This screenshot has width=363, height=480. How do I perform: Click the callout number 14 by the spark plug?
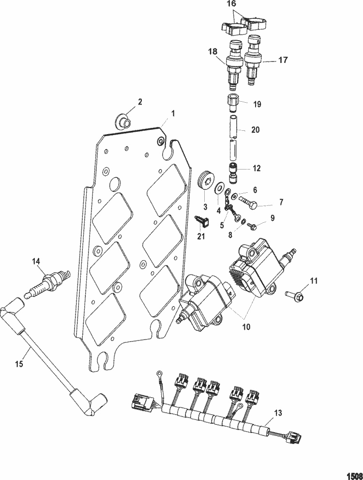pos(36,262)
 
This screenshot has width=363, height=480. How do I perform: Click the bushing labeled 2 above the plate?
pos(124,120)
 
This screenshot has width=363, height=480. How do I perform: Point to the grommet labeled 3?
pos(208,183)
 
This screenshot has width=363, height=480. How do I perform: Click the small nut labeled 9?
pos(252,224)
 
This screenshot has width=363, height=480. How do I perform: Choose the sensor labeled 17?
pos(253,61)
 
